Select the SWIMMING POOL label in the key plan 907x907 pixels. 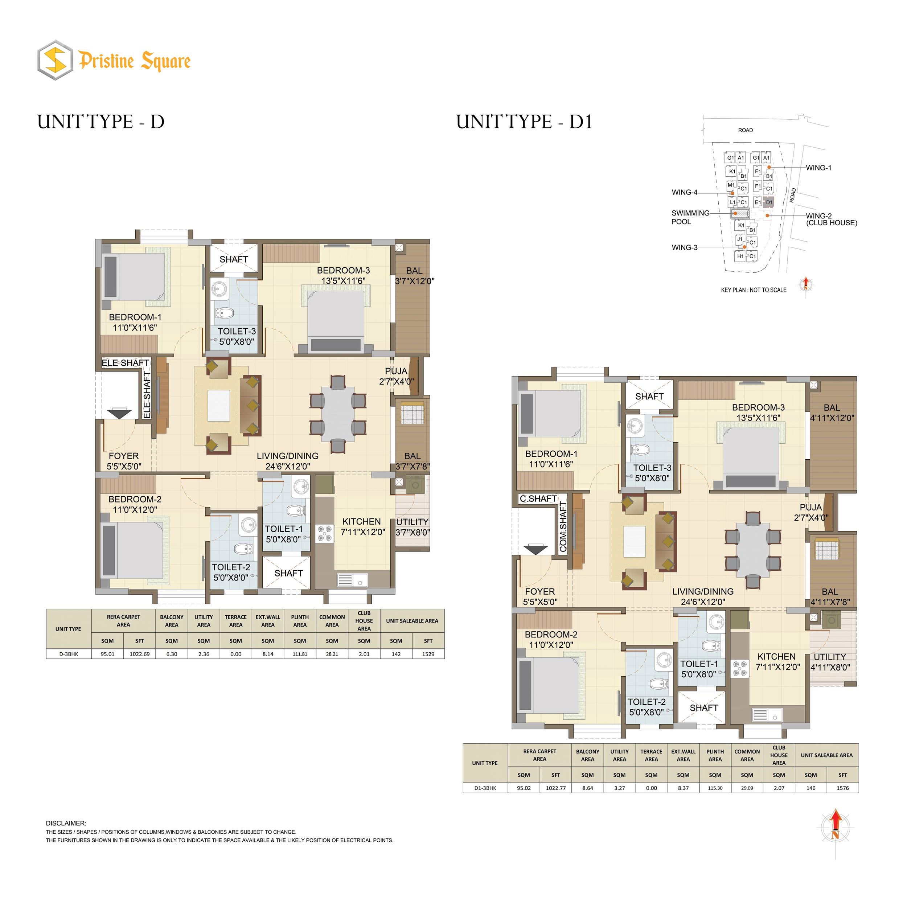pyautogui.click(x=690, y=217)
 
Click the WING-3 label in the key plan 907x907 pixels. pyautogui.click(x=685, y=247)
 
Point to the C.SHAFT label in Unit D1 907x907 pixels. pyautogui.click(x=538, y=498)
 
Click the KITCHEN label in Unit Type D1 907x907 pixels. pyautogui.click(x=776, y=657)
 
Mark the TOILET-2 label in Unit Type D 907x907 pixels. pyautogui.click(x=230, y=567)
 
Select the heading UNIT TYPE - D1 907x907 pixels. pyautogui.click(x=524, y=122)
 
